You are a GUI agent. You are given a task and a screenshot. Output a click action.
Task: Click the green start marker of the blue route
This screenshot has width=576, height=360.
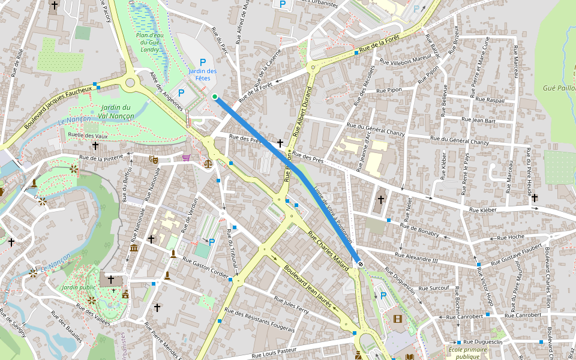click(x=214, y=96)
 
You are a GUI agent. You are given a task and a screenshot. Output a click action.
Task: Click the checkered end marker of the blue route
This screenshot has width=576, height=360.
click(x=360, y=263)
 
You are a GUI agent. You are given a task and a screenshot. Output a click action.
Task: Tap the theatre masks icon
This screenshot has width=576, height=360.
click(x=153, y=160)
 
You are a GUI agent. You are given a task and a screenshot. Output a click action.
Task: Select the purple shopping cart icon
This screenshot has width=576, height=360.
click(x=186, y=158)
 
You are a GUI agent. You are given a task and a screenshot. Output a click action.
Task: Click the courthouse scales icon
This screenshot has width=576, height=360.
click(x=208, y=163)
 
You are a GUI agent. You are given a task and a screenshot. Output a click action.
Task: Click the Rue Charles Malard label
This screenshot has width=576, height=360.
click(x=328, y=251)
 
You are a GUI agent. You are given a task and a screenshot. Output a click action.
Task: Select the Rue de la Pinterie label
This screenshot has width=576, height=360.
click(x=101, y=158)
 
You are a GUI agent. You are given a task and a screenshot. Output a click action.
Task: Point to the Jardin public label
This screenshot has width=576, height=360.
click(x=79, y=287)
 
